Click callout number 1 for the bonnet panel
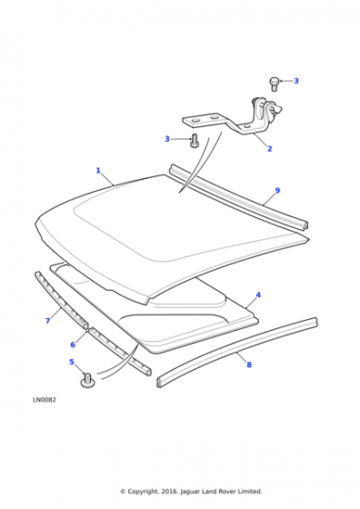(x=98, y=171)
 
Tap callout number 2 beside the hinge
(x=269, y=149)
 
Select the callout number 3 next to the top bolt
(x=296, y=81)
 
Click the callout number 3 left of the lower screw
(x=167, y=139)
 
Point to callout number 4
(x=258, y=295)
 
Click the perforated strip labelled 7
(x=61, y=300)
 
